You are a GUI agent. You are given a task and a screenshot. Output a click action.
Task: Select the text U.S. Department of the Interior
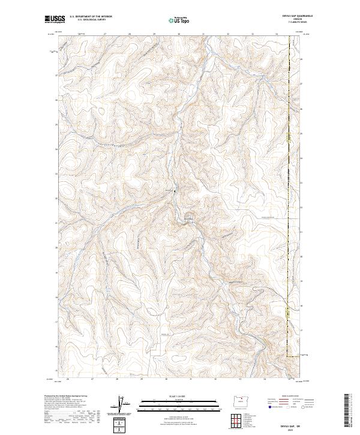91,16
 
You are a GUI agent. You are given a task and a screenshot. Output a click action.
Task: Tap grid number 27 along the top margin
105,34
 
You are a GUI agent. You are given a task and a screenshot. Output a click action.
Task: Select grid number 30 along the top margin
179,34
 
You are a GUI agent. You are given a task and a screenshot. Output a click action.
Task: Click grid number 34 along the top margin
277,34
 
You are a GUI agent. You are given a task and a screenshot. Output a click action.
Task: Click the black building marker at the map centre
175,191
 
